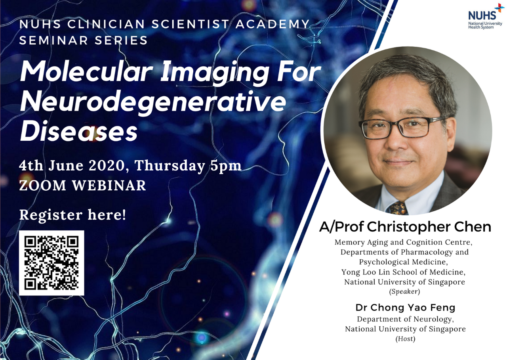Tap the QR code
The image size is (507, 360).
coord(51,263)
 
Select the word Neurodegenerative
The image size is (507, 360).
coord(153,103)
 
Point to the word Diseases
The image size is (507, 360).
coord(79,132)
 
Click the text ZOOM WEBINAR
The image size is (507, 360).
coord(83,186)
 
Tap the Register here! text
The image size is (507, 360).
coord(73,215)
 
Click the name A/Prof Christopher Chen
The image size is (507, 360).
coord(405,227)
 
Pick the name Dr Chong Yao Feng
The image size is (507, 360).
coord(406,307)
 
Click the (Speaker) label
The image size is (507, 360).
coord(404,292)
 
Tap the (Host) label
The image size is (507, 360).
coord(405,339)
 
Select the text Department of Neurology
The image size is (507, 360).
coord(405,319)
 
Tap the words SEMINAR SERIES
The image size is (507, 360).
coord(84,40)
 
